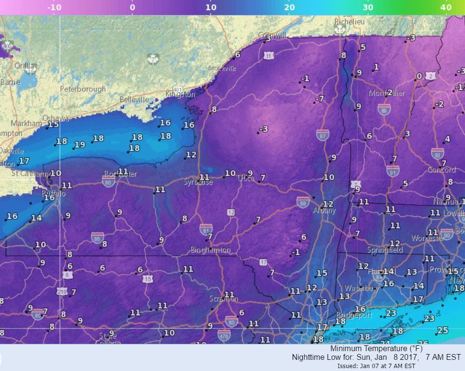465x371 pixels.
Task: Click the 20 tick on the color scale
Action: tap(289, 7)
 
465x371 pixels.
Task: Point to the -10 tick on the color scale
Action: tap(54, 7)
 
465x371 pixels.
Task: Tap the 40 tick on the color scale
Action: tap(446, 7)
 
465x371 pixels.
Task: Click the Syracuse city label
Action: tap(198, 182)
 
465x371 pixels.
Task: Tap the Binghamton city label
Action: tap(210, 250)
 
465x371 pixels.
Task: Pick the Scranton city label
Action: tap(223, 299)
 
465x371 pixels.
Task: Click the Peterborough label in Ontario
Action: tap(83, 89)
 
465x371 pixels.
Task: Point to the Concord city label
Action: tap(441, 170)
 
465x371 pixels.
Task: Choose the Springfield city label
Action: tap(385, 250)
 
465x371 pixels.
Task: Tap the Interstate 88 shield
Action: tap(303, 202)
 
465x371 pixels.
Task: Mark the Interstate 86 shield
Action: tap(97, 237)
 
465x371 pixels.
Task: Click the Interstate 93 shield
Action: tap(437, 154)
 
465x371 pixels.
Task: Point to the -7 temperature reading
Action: tap(319, 99)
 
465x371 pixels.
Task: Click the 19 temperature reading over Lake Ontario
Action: tap(80, 144)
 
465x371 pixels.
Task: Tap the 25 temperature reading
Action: tap(442, 330)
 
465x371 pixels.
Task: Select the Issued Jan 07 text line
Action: tap(376, 366)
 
